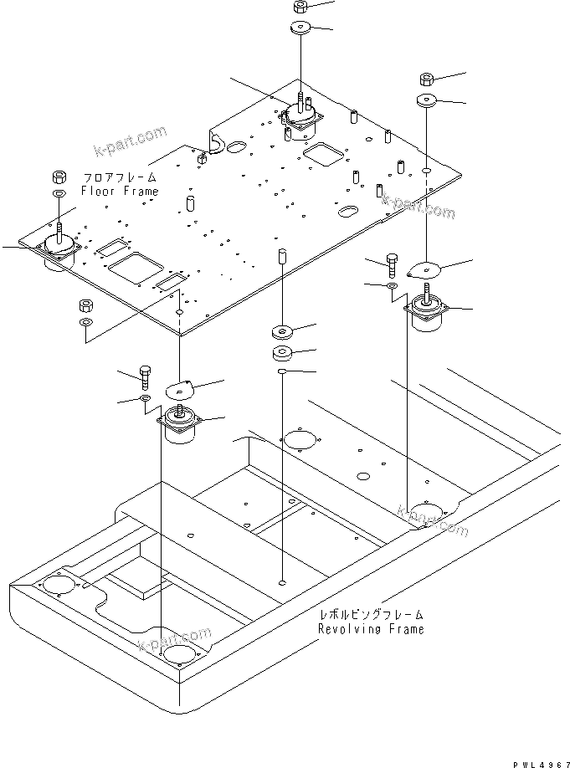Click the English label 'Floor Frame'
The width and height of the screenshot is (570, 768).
[119, 192]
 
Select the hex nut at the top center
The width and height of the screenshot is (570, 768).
[300, 8]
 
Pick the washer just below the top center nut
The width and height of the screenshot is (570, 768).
[300, 29]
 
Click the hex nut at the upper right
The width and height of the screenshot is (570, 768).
[425, 80]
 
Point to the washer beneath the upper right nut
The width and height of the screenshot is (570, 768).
[426, 102]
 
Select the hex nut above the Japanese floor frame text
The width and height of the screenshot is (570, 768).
[60, 177]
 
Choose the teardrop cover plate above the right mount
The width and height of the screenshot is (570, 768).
[425, 269]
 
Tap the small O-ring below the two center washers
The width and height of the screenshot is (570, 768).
[283, 370]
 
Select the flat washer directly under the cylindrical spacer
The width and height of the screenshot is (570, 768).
[282, 329]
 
